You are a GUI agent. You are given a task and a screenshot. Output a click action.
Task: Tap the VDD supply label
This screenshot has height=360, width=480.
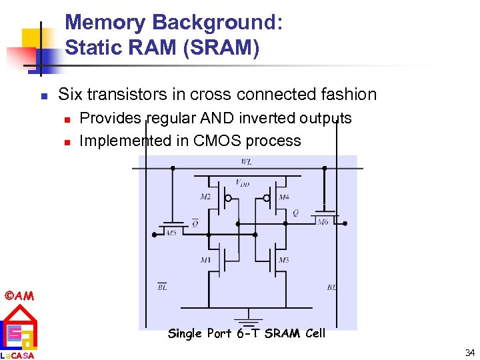click(x=243, y=182)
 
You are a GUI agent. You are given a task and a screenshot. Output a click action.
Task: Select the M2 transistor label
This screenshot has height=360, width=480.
click(x=205, y=197)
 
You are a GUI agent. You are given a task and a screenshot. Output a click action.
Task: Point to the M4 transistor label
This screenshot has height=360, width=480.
click(x=283, y=197)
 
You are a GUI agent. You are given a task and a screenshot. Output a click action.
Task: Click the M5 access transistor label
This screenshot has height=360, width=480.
click(x=171, y=233)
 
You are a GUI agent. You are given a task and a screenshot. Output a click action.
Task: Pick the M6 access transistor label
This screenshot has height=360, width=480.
click(x=323, y=221)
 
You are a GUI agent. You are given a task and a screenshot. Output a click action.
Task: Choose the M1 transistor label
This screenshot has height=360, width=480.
click(x=205, y=260)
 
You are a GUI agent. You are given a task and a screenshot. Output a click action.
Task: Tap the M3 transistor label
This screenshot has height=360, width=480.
click(x=283, y=260)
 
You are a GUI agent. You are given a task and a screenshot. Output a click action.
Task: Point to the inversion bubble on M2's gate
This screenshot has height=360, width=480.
click(x=228, y=198)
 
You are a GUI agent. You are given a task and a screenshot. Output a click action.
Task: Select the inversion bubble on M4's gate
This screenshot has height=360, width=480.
click(x=266, y=198)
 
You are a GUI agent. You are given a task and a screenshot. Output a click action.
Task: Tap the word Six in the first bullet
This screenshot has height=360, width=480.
click(x=70, y=95)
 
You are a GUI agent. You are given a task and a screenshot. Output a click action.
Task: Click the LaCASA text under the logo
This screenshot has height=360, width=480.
click(x=18, y=355)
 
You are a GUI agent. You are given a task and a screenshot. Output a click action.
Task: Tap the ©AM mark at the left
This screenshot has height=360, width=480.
click(x=19, y=295)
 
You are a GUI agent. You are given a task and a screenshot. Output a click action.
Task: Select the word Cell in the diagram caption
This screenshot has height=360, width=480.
click(x=315, y=333)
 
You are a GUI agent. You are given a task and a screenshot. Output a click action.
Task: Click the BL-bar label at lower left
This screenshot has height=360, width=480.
click(x=162, y=287)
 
